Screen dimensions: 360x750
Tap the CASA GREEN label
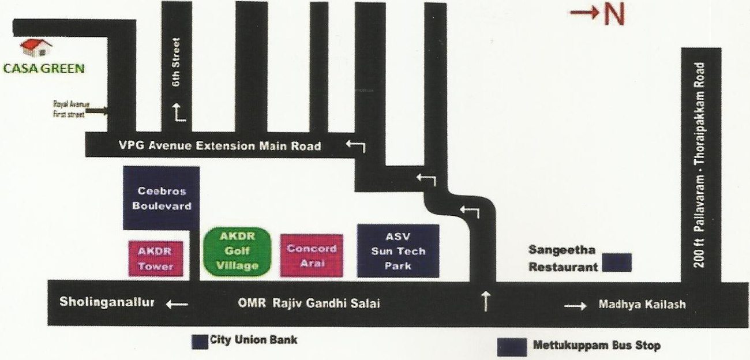coord(44,68)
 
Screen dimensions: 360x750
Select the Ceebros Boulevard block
coord(162,198)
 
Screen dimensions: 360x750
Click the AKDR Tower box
coord(156,258)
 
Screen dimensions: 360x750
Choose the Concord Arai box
coord(312,256)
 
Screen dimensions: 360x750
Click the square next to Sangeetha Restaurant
coord(617,262)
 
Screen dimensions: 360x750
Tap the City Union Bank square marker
coord(199,342)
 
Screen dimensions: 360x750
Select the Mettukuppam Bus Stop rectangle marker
coord(512,346)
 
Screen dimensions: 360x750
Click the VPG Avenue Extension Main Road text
coord(219,146)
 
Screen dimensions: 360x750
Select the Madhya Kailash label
coord(642,305)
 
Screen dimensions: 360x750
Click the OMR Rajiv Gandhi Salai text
coord(309,305)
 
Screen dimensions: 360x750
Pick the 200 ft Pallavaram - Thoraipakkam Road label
coord(700,164)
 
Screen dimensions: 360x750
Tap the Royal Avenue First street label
coord(68,109)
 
